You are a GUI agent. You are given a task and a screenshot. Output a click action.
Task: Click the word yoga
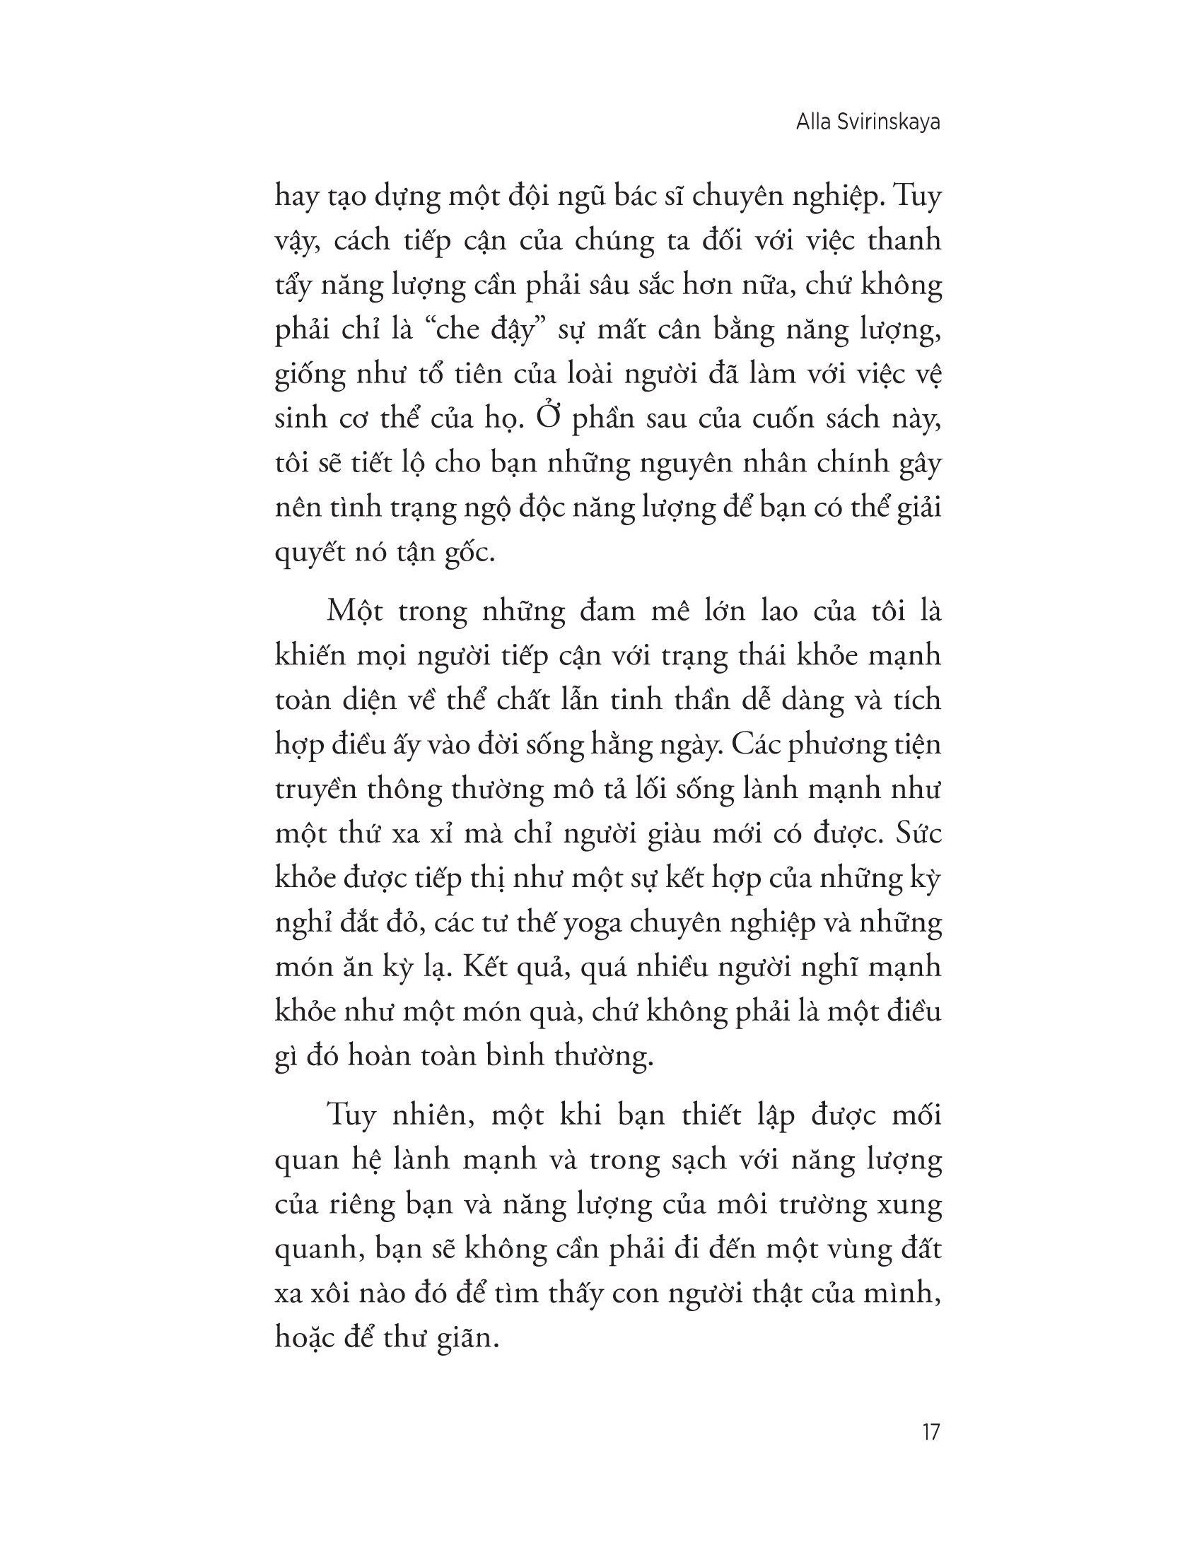point(590,925)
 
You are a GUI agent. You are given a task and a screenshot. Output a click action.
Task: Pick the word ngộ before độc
point(484,508)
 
